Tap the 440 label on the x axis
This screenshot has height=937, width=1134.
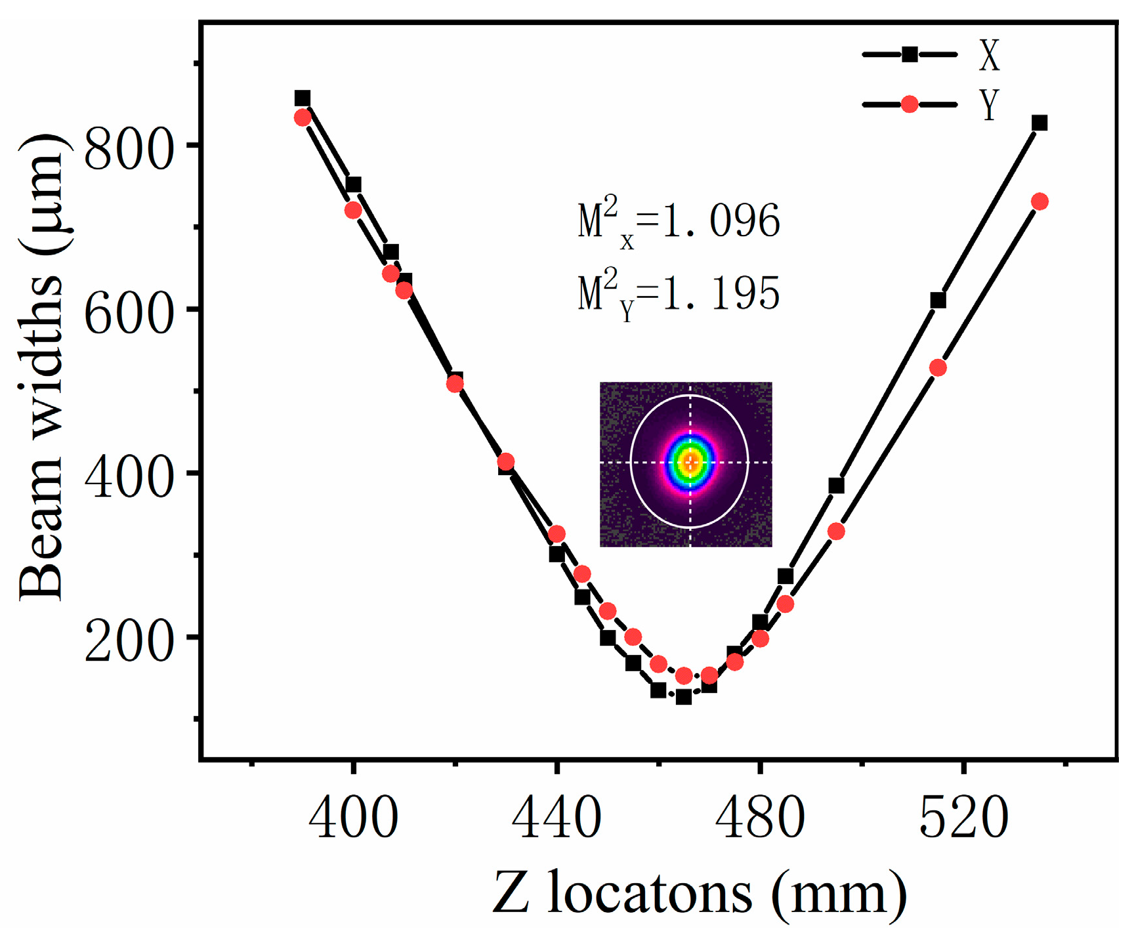pyautogui.click(x=556, y=818)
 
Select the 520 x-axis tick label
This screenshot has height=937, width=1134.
pyautogui.click(x=963, y=818)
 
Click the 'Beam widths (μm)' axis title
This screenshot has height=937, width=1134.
pyautogui.click(x=41, y=367)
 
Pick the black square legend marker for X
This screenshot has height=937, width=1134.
pyautogui.click(x=910, y=54)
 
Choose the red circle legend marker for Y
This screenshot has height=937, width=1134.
pyautogui.click(x=910, y=104)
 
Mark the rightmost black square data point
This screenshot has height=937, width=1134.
pyautogui.click(x=1039, y=123)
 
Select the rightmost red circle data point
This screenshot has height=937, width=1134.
pyautogui.click(x=1039, y=201)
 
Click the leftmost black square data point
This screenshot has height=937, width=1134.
pyautogui.click(x=302, y=98)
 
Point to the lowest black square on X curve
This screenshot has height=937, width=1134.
pyautogui.click(x=684, y=697)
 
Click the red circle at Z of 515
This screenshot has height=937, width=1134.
pyautogui.click(x=938, y=367)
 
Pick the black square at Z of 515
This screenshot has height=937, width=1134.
pyautogui.click(x=938, y=301)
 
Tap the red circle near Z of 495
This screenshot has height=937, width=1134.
pyautogui.click(x=835, y=531)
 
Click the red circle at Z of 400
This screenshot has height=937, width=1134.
pyautogui.click(x=353, y=210)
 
